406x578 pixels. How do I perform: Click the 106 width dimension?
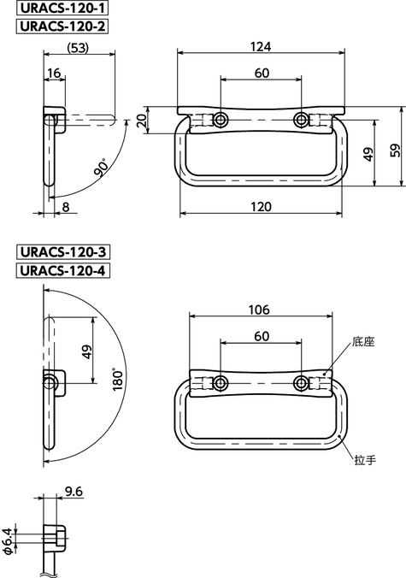click(x=261, y=310)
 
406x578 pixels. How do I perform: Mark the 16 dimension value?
click(x=54, y=74)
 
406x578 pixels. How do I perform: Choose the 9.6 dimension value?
click(x=74, y=492)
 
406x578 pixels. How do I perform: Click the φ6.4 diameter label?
click(x=8, y=540)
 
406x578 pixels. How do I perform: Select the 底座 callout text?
click(x=363, y=342)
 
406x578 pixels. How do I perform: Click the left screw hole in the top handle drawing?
click(x=221, y=119)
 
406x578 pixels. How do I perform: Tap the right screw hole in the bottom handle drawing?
click(x=301, y=382)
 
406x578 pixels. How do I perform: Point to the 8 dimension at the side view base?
click(x=66, y=207)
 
